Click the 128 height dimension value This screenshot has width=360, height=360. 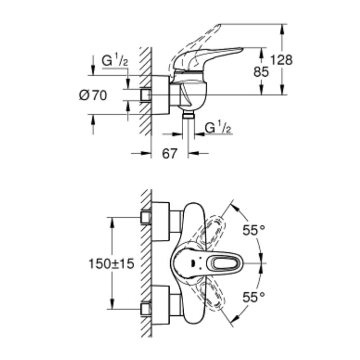[x=282, y=60]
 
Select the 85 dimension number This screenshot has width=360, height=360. [x=261, y=72]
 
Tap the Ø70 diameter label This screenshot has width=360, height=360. [x=93, y=95]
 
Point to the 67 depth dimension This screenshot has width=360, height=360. [x=170, y=154]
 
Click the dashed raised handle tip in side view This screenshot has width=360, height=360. [x=216, y=28]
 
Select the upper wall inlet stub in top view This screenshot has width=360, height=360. [x=146, y=217]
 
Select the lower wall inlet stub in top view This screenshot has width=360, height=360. [x=146, y=309]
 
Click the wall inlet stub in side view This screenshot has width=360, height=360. [x=146, y=95]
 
